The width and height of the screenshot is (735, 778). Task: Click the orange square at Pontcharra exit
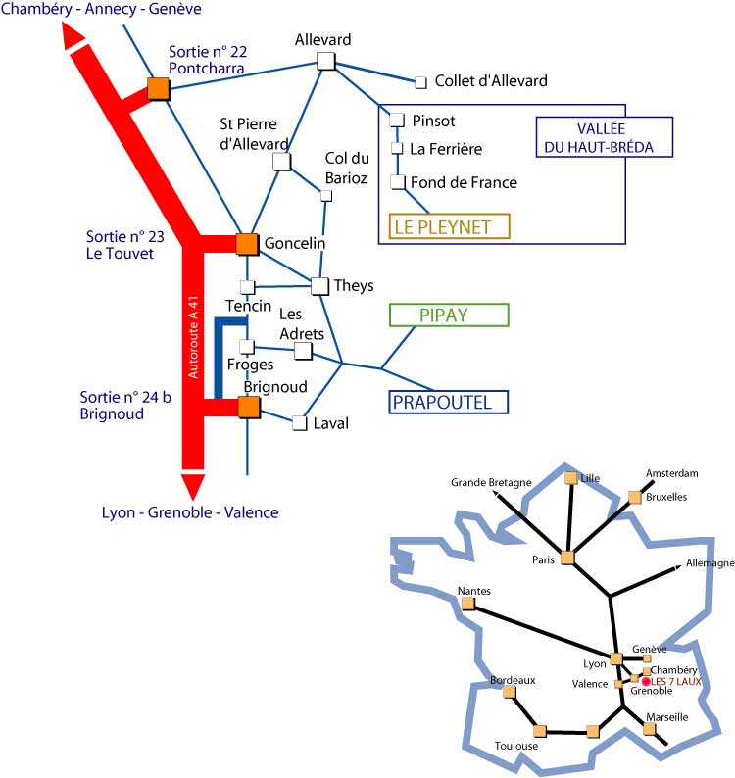tap(158, 89)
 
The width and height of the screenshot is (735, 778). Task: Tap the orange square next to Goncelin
tap(247, 244)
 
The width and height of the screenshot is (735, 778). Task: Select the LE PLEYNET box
tap(450, 226)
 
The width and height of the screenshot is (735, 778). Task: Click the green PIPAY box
tap(450, 315)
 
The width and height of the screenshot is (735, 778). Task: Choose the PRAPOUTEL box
tap(450, 402)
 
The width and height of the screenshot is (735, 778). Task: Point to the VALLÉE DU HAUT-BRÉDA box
tap(604, 137)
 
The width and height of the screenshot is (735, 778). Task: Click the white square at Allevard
tap(326, 61)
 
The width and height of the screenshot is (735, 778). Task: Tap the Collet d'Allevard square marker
tap(421, 82)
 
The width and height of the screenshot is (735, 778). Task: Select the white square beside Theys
tap(319, 286)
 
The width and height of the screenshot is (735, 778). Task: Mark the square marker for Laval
tap(299, 423)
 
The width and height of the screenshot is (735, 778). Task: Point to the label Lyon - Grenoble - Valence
tap(190, 512)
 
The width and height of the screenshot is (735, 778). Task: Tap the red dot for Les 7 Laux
tap(646, 680)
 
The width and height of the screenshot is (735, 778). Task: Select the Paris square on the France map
tap(567, 558)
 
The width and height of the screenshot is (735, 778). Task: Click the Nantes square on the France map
tap(468, 605)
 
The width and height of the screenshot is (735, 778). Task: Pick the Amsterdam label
tap(671, 473)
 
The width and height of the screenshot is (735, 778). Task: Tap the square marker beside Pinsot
tap(397, 121)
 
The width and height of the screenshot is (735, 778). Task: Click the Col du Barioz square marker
tap(326, 195)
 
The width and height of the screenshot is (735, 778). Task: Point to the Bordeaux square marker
tap(509, 692)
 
